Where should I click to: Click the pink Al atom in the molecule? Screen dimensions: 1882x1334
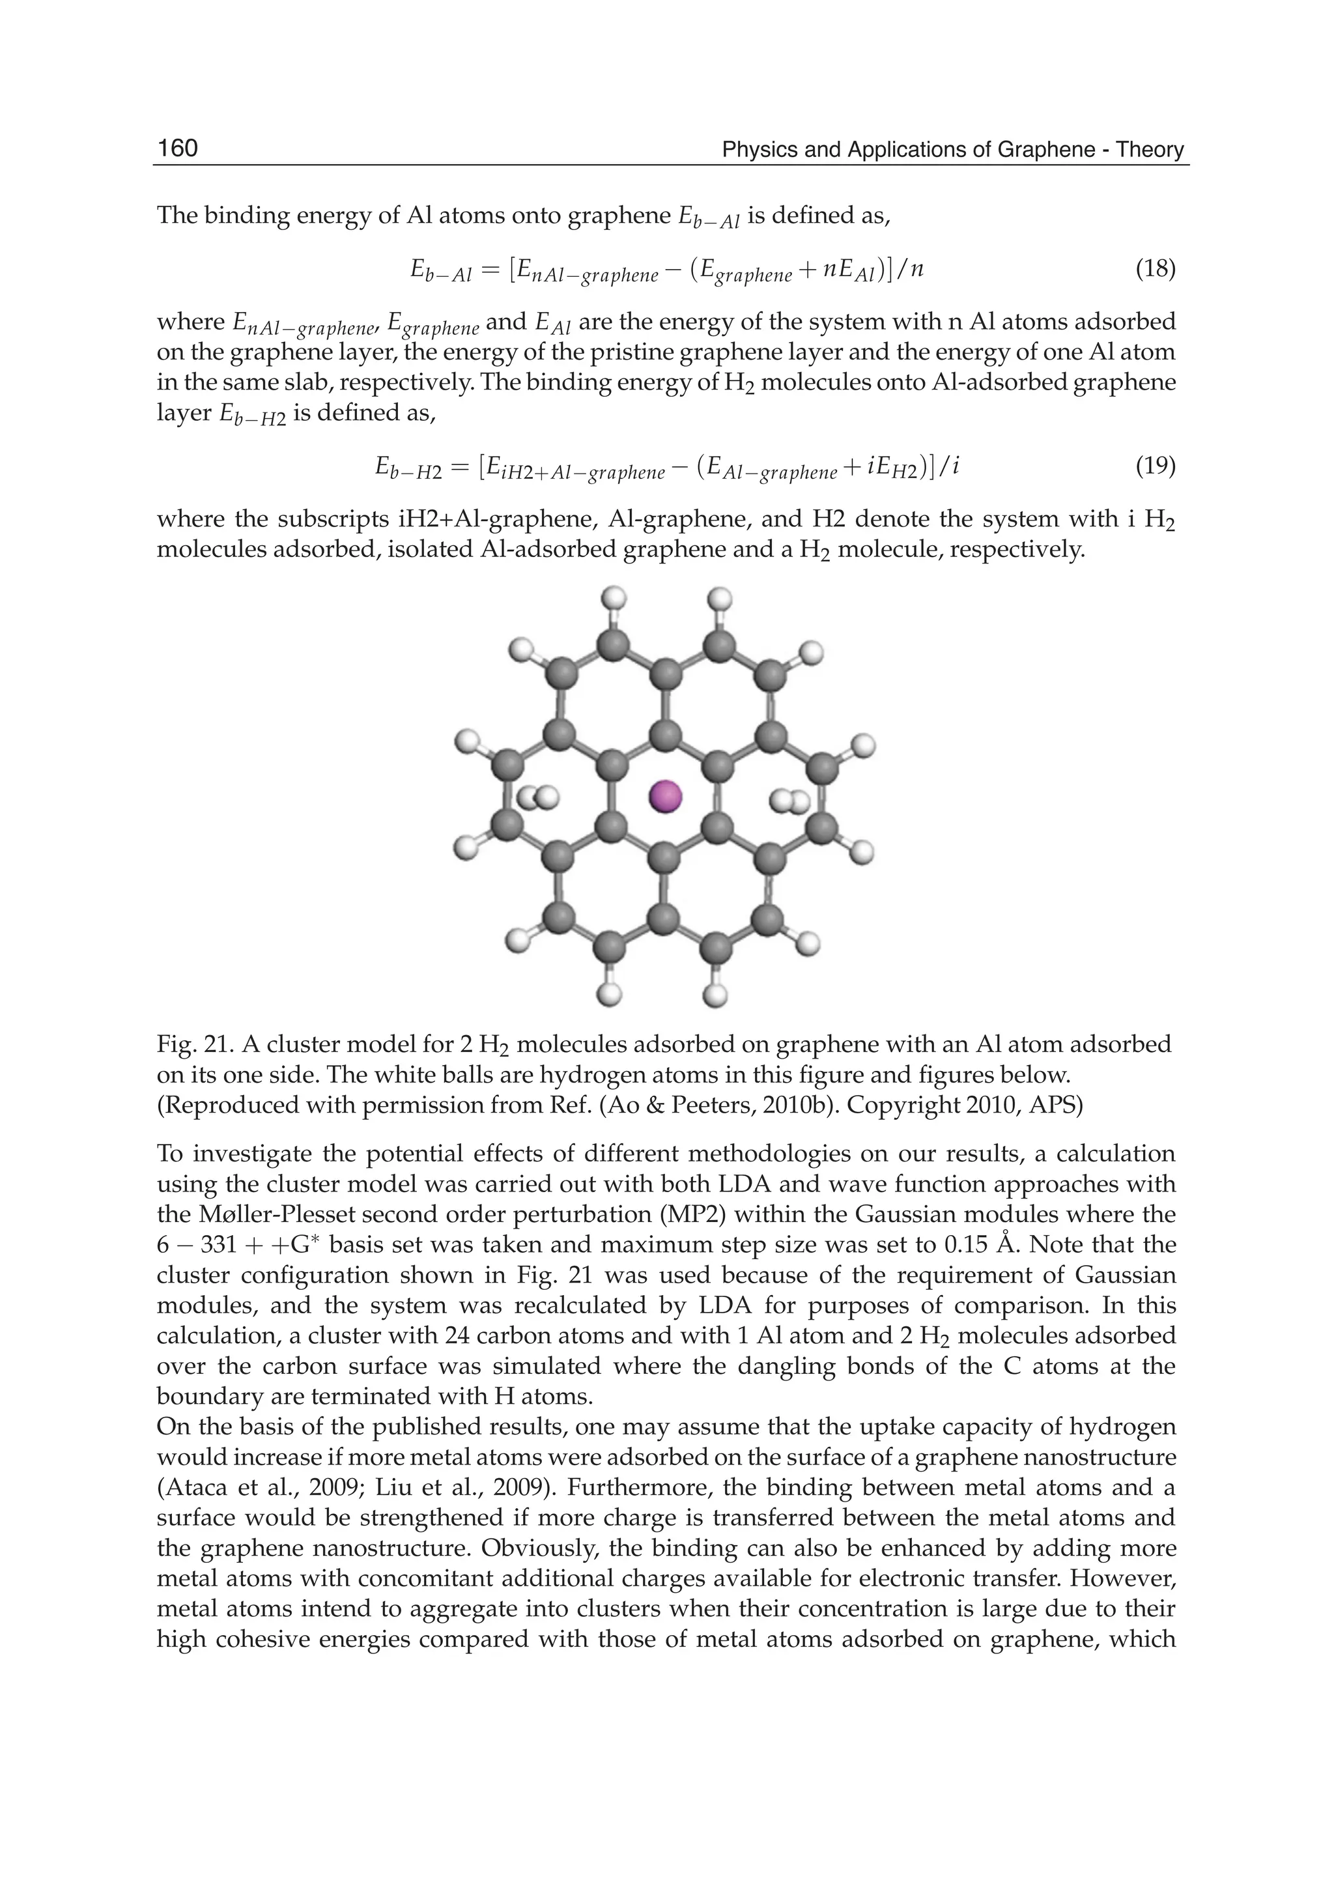664,796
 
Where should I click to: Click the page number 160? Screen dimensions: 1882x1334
177,148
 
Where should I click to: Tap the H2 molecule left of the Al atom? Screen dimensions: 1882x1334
537,797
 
